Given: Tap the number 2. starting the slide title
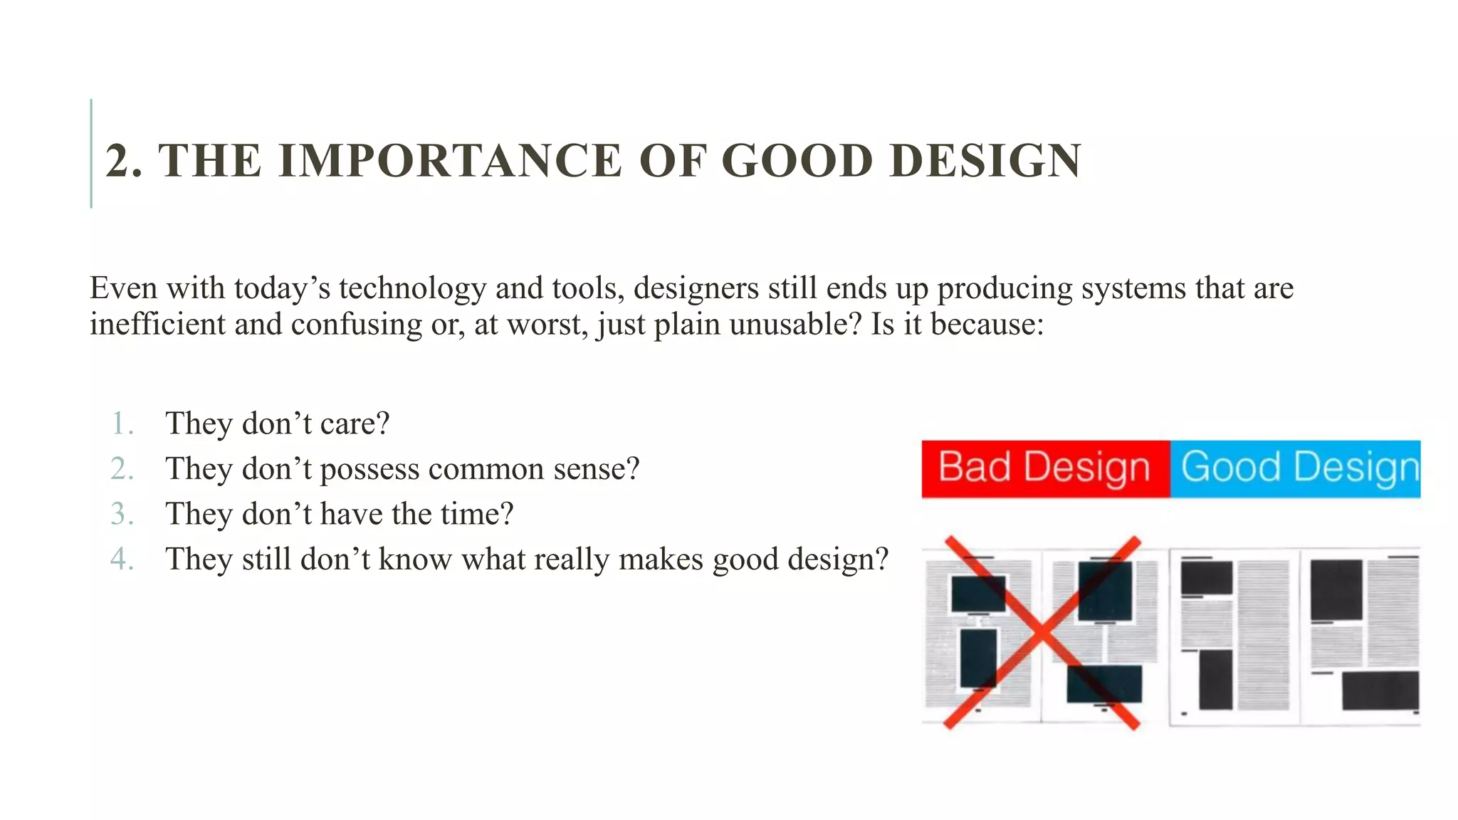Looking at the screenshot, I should [123, 161].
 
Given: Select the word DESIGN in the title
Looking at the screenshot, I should [985, 160].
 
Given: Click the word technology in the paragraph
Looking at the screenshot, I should [412, 288].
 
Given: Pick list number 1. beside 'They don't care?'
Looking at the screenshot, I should [122, 424].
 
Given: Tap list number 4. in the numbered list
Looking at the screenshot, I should [122, 559].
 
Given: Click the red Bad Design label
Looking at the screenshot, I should [1044, 468].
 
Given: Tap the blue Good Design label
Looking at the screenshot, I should [1297, 468].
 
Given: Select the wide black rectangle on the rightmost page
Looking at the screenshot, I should [1380, 690].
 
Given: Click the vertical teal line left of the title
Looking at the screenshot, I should [91, 153].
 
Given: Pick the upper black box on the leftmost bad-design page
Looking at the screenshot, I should [978, 594].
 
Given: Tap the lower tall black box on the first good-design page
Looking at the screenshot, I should [1215, 679].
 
